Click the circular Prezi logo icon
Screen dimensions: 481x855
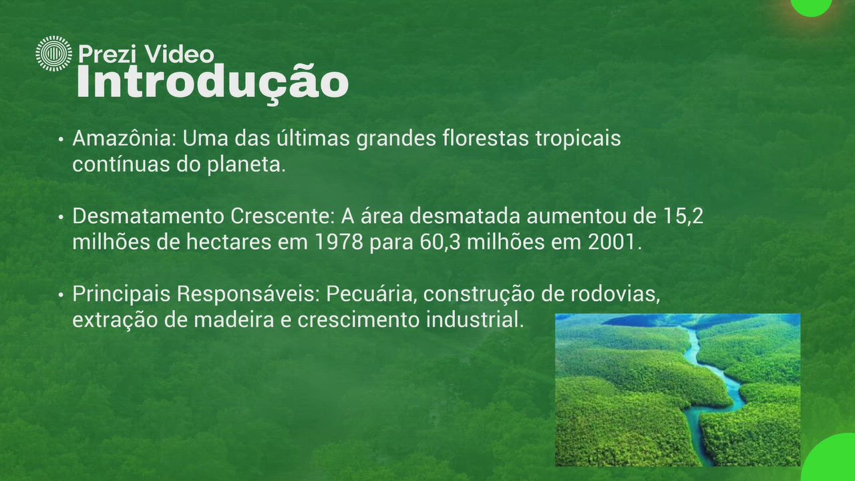click(53, 53)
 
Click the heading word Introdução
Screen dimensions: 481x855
click(212, 82)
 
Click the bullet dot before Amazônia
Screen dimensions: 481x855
click(61, 140)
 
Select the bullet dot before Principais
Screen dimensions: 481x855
click(61, 295)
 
